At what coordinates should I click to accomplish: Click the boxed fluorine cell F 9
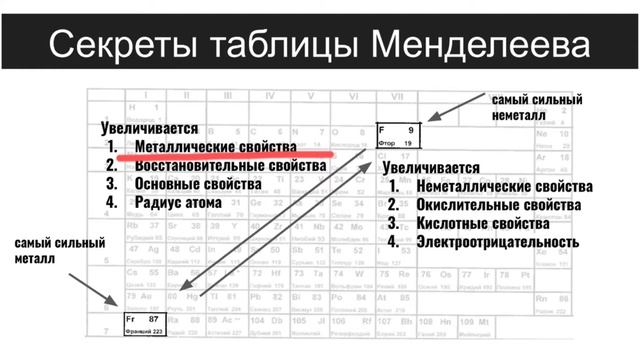[400, 136]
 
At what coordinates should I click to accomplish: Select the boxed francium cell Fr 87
[150, 323]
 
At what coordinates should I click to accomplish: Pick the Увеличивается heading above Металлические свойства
[150, 129]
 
